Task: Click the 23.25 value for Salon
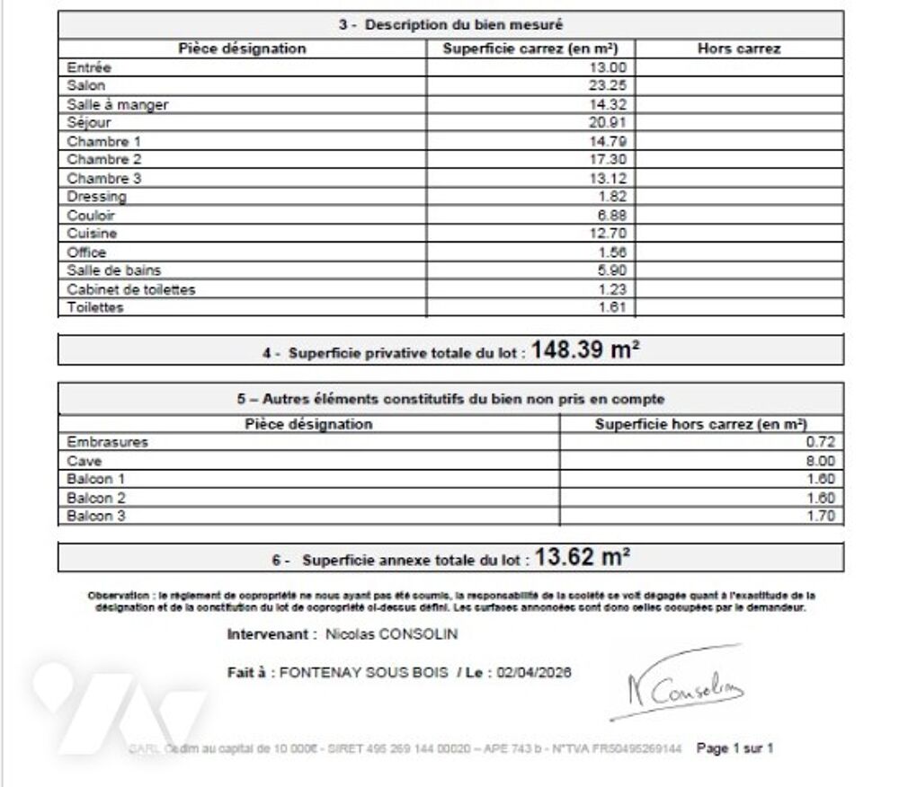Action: pos(612,85)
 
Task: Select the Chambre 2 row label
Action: pos(104,159)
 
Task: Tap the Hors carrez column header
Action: pos(739,49)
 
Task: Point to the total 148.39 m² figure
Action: pos(584,350)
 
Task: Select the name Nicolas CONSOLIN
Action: pos(391,634)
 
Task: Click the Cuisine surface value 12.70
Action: pos(612,234)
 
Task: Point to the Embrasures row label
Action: pos(107,442)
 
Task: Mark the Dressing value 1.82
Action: pos(616,197)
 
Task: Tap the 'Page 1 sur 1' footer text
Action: pos(734,747)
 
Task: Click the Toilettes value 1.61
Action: pos(616,307)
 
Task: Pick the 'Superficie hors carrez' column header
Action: pos(701,424)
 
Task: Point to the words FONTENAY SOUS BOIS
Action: pos(364,672)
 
